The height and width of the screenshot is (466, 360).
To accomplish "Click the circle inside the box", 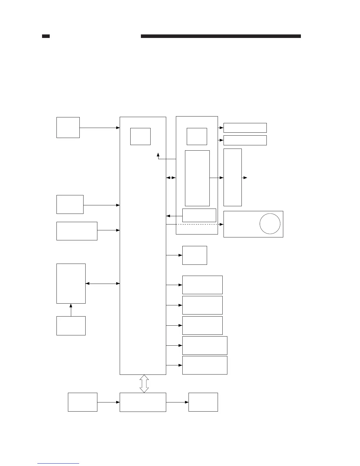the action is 270,224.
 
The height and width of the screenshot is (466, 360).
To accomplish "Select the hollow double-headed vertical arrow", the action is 144,384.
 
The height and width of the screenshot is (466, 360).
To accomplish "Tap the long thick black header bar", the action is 221,36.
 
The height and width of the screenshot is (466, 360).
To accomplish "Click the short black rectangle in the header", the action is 46,36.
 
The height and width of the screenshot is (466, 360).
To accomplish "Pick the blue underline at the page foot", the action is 58,464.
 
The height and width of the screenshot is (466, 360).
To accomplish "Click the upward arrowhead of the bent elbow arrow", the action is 158,154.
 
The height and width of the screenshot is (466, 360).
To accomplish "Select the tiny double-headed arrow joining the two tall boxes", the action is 171,178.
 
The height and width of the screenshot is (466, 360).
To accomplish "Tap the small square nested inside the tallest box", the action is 140,136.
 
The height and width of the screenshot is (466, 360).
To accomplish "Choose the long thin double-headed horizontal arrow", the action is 103,284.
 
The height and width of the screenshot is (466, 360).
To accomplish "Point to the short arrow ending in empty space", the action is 244,178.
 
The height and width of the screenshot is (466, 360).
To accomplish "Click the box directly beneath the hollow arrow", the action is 143,402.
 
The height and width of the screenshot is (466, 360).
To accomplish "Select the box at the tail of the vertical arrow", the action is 71,326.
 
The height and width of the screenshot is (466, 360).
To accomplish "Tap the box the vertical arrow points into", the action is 71,283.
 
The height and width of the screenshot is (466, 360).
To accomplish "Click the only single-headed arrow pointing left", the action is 174,216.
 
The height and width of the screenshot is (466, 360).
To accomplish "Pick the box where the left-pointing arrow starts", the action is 199,215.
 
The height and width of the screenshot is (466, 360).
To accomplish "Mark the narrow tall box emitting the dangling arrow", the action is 232,177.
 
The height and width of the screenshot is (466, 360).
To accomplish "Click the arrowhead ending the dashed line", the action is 222,224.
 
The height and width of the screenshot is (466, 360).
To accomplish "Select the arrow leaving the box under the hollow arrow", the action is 177,402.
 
